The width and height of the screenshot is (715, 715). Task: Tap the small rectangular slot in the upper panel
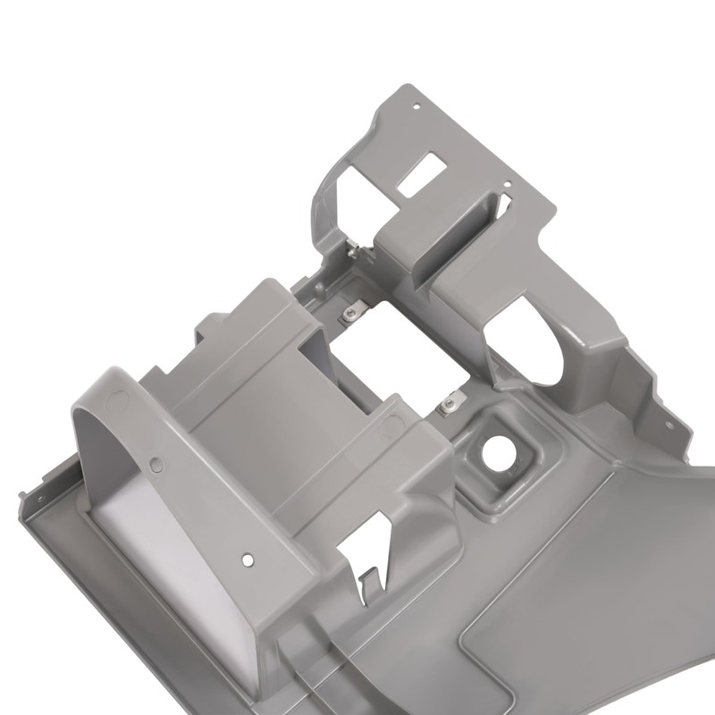[421, 174]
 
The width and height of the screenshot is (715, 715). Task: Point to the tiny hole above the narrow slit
[507, 186]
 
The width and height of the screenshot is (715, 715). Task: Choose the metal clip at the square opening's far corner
[351, 312]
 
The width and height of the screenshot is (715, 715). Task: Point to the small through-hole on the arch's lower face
[248, 560]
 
